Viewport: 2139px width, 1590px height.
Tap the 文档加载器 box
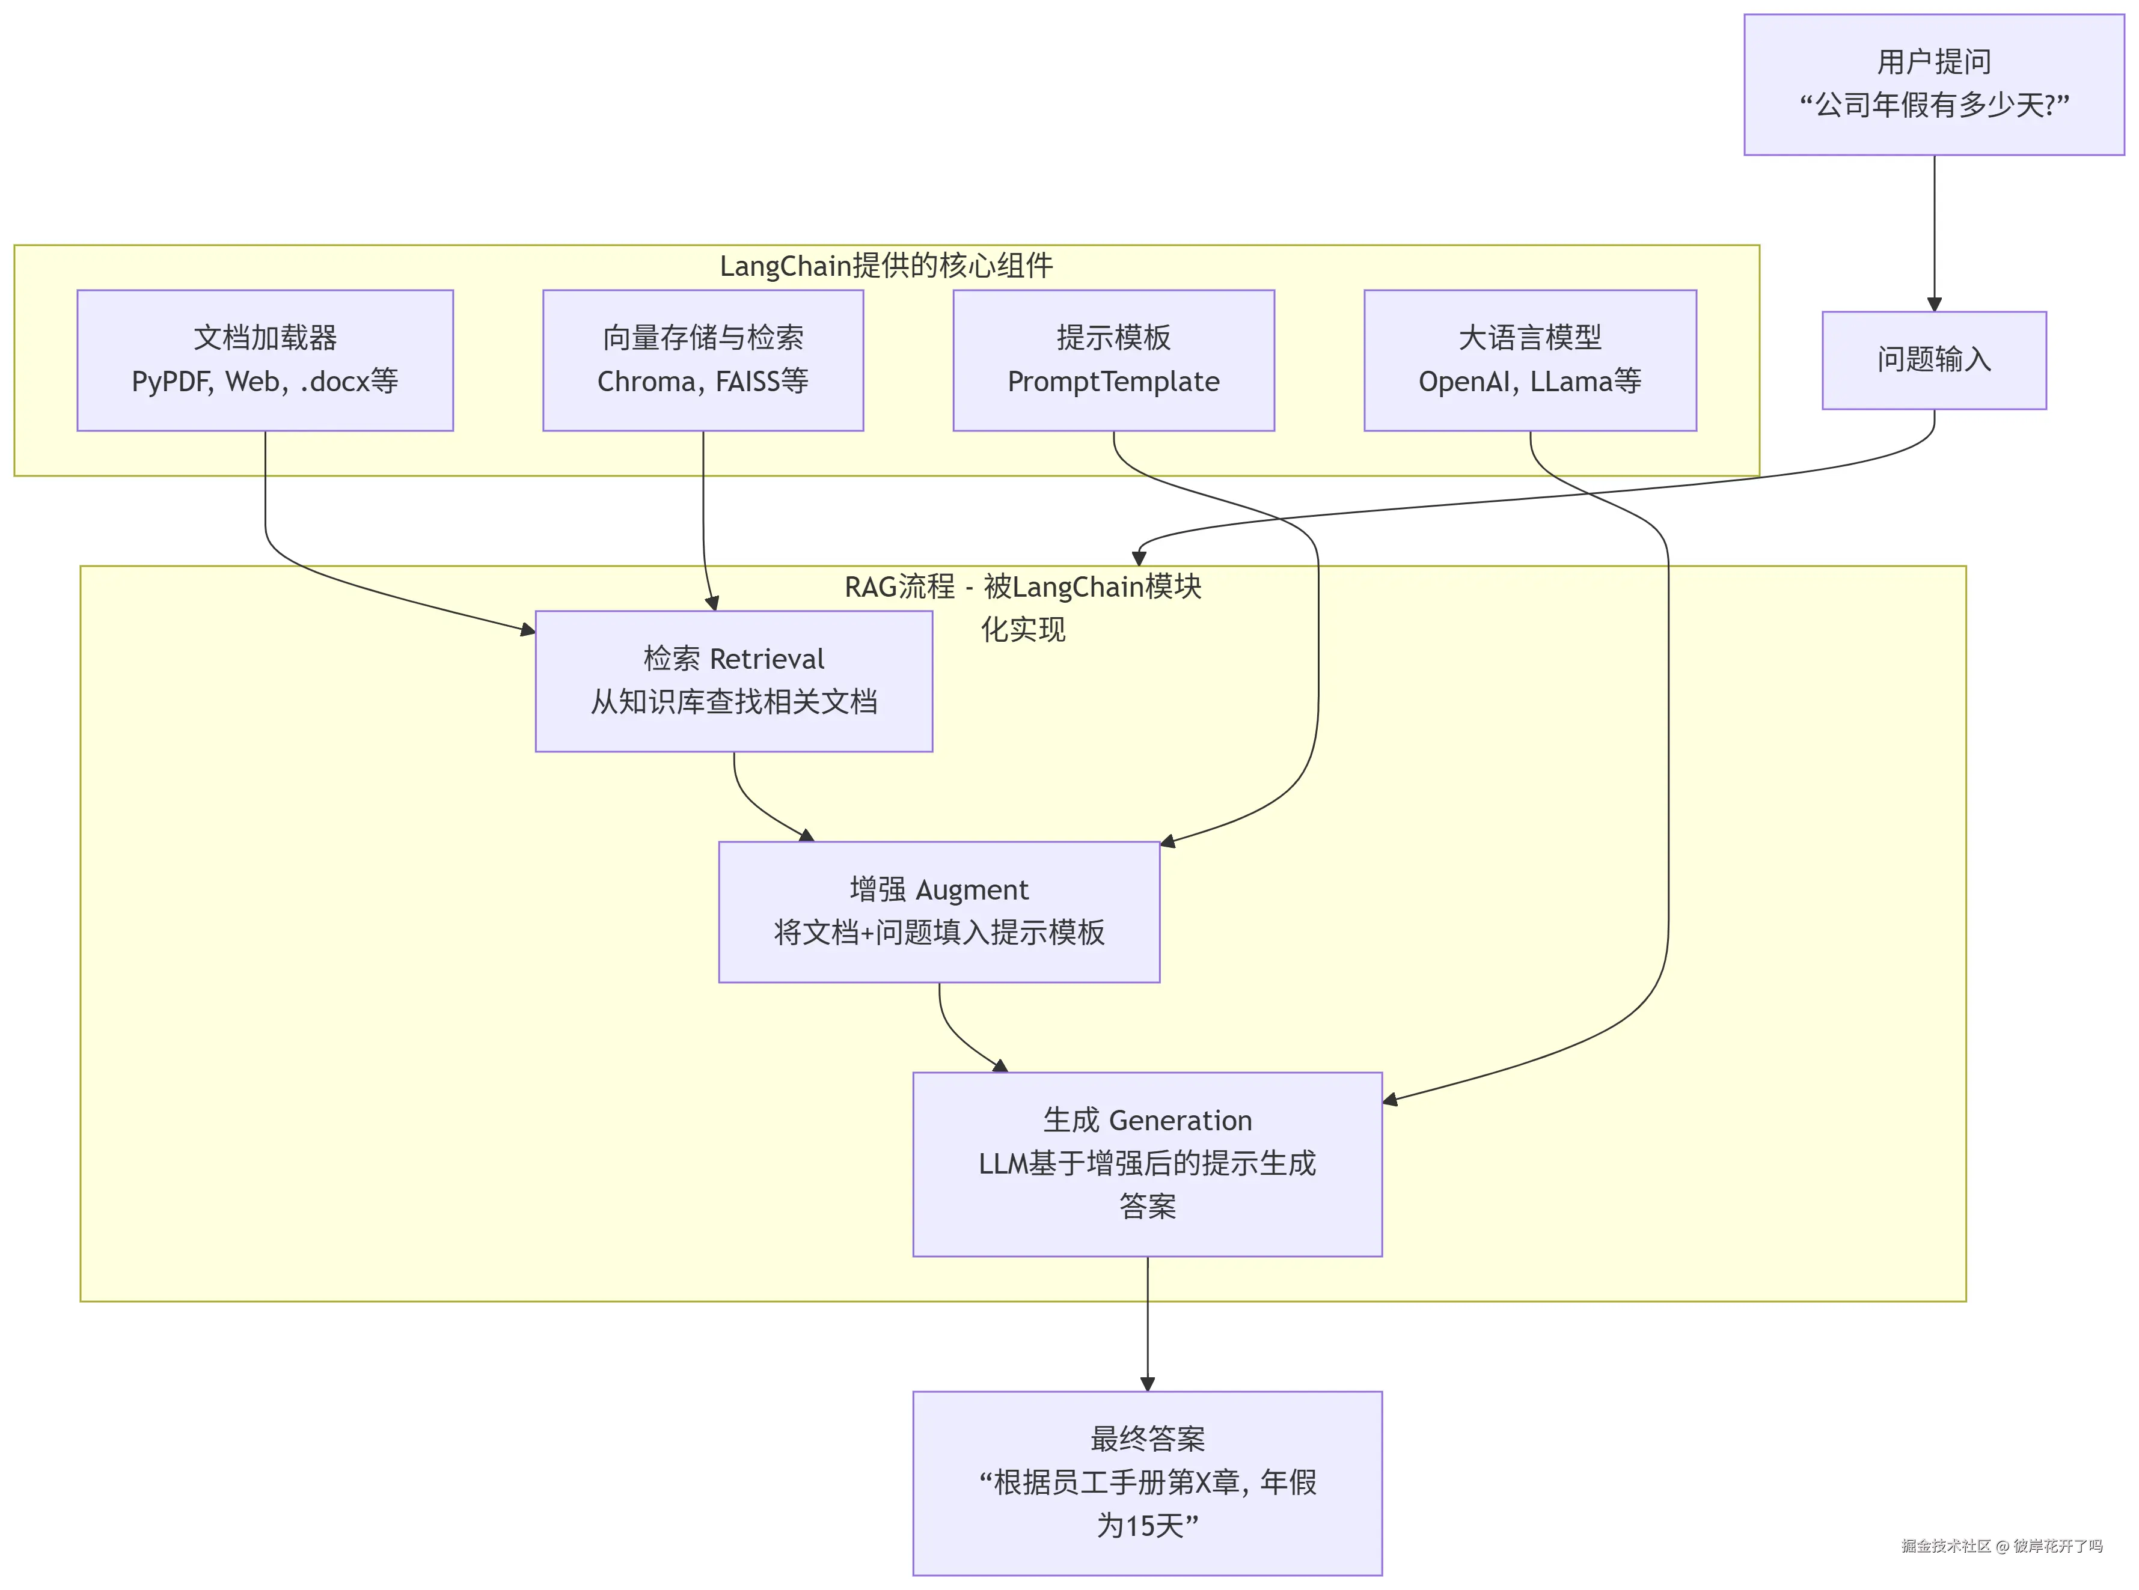265,360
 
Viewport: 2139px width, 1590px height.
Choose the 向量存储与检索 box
703,360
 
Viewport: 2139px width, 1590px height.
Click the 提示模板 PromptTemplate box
1114,360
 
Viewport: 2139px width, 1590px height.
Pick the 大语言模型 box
1529,360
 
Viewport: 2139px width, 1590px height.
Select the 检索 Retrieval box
733,680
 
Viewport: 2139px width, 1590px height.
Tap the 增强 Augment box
938,912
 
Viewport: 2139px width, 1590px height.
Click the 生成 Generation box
1148,1163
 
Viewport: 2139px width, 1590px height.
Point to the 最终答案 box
1148,1483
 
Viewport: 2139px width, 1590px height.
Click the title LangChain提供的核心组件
886,266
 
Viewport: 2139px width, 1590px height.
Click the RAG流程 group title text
1023,608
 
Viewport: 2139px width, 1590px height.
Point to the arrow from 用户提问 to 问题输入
1934,233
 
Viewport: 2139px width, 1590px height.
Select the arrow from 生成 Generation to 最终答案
1148,1323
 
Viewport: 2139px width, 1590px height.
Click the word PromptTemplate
1114,382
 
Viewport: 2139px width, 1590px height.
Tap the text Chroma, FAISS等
703,382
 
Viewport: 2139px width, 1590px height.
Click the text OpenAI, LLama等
1529,382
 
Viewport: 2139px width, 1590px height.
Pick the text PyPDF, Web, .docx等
265,382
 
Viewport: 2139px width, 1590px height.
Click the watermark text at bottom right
2001,1546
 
